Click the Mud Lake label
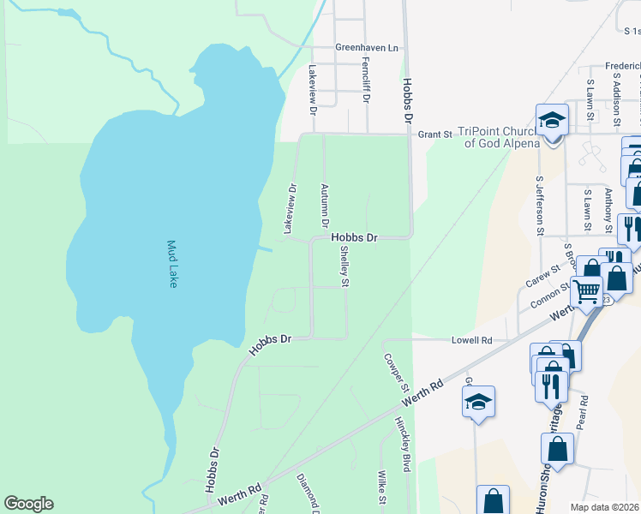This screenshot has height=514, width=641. click(x=171, y=264)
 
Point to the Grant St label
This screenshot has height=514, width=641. click(x=434, y=134)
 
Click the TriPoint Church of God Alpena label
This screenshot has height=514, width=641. click(x=496, y=137)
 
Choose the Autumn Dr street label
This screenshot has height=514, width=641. click(x=324, y=205)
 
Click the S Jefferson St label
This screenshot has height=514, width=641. click(x=540, y=206)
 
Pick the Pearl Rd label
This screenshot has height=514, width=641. click(x=582, y=412)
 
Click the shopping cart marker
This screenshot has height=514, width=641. click(x=587, y=291)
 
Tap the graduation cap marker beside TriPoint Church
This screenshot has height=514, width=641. click(x=553, y=121)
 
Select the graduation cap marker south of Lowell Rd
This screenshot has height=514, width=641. click(x=479, y=401)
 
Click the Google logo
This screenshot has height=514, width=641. click(x=28, y=504)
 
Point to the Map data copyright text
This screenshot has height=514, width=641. click(x=604, y=507)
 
